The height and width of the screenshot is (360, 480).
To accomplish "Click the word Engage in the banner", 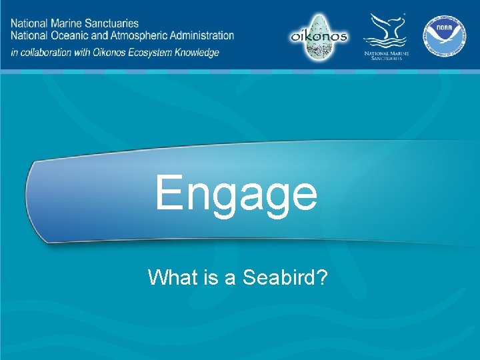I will coord(237,193).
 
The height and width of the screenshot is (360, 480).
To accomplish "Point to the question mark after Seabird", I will coord(321,277).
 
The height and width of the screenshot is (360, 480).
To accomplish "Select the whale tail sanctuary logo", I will coord(386,30).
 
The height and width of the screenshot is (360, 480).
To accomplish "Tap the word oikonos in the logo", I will coord(319,36).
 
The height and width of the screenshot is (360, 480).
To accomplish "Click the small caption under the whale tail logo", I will coord(386,55).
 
